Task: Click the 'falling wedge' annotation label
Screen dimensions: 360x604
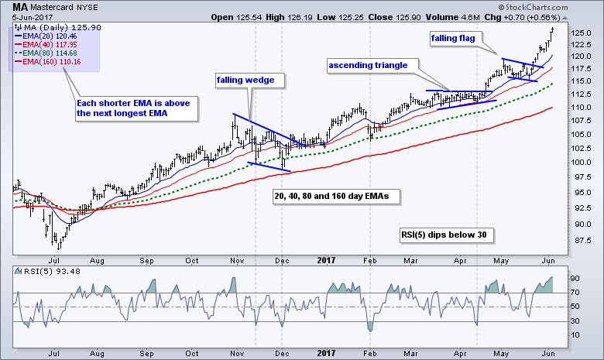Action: [x=244, y=80]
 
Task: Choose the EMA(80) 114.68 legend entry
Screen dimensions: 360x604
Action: [x=42, y=51]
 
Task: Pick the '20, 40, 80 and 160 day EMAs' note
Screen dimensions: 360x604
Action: [x=331, y=197]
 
